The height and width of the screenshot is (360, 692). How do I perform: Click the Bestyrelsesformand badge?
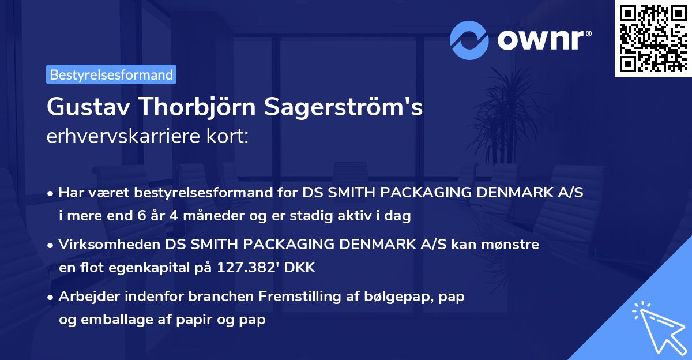[x=111, y=74]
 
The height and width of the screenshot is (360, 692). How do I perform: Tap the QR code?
[x=652, y=39]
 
